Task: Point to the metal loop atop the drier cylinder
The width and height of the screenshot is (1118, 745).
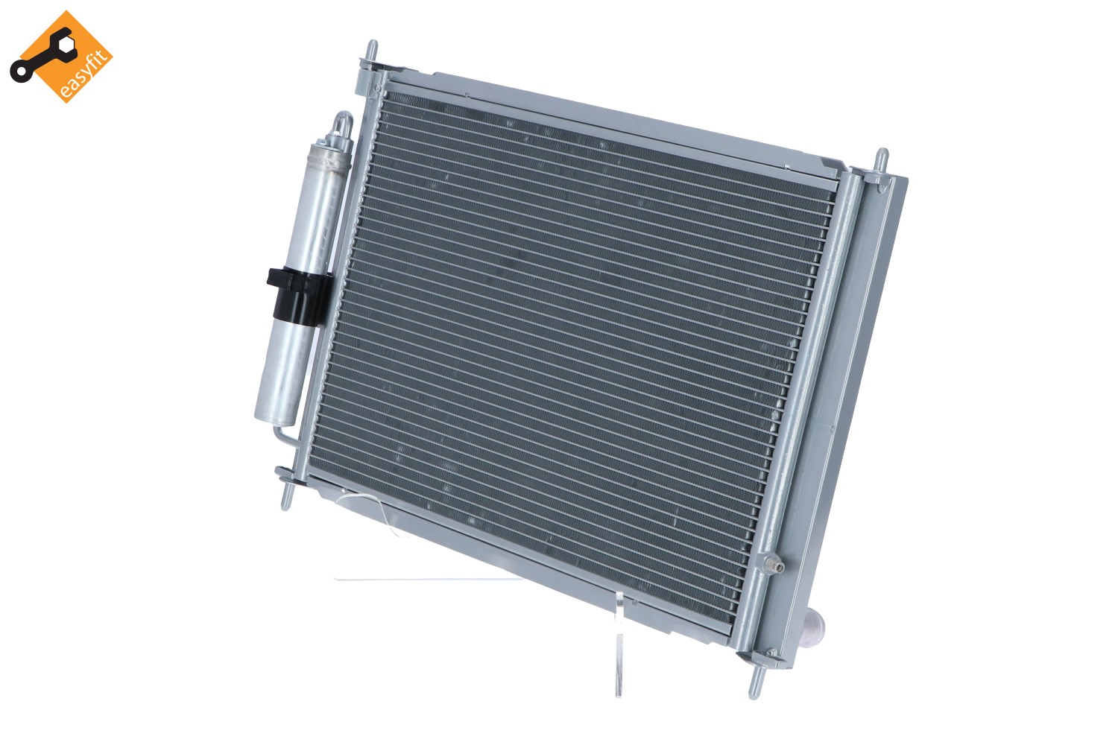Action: click(342, 126)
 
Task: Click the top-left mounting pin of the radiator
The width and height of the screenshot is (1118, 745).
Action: click(370, 58)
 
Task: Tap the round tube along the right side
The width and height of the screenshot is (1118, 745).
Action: click(805, 372)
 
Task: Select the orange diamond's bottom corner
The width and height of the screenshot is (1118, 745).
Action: click(65, 101)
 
